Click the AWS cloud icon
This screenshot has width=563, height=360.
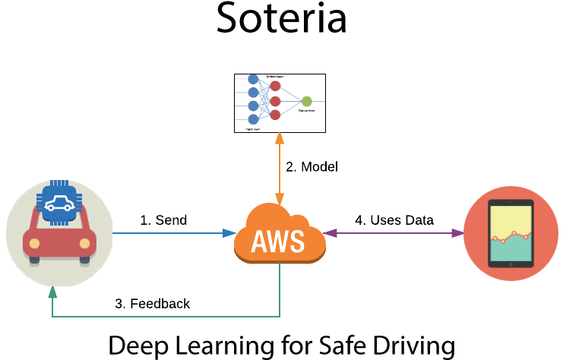[279, 235]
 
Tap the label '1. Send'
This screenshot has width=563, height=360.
[163, 220]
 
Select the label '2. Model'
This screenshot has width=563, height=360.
[312, 166]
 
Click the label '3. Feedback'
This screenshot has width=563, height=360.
[152, 303]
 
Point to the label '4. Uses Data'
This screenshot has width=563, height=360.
[394, 220]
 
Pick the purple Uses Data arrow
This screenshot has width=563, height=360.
[394, 233]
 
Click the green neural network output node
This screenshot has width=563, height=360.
[306, 101]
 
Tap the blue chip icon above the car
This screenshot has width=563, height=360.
[59, 203]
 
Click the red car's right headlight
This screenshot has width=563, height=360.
[84, 245]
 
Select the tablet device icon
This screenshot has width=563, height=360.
[511, 233]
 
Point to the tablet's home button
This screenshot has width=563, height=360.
[511, 264]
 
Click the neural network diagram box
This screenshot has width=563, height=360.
[279, 103]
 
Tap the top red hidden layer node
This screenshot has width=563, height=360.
[275, 86]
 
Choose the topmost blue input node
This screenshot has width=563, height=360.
[253, 79]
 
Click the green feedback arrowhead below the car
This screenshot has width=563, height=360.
[52, 292]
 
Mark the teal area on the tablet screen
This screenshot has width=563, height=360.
[511, 248]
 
